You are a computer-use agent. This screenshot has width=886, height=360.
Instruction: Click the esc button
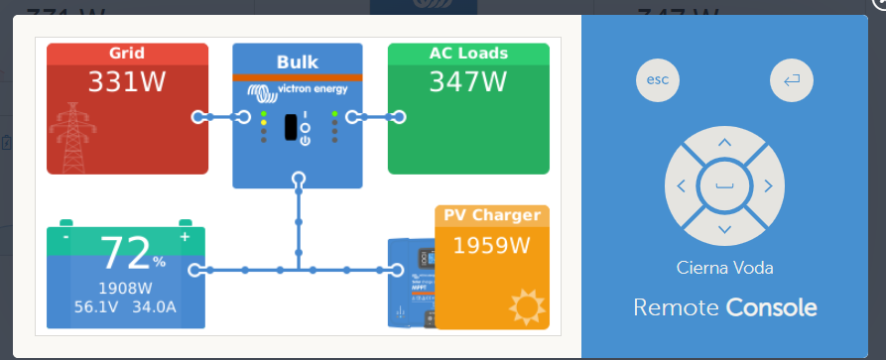(x=658, y=80)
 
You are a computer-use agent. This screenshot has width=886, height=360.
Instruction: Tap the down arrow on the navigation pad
(x=724, y=229)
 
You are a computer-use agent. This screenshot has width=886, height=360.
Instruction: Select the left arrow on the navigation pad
(x=682, y=186)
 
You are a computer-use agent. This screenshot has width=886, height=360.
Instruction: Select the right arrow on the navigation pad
(x=768, y=186)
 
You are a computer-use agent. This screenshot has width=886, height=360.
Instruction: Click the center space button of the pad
(x=724, y=186)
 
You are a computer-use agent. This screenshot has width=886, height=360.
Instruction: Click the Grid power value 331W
(x=127, y=82)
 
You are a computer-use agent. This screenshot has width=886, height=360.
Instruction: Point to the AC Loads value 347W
(x=467, y=82)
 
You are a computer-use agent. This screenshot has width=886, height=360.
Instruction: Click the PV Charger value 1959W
(x=491, y=245)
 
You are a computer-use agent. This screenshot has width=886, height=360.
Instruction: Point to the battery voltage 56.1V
(x=94, y=307)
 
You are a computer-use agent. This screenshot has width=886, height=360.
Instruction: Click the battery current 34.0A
(x=155, y=307)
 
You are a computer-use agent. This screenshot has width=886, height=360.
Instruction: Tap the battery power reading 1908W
(x=125, y=289)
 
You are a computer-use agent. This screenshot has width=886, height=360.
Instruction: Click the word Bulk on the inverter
(x=297, y=61)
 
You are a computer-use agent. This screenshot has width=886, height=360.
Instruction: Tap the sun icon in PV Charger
(x=527, y=306)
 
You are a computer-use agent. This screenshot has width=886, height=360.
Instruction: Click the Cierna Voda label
(x=724, y=268)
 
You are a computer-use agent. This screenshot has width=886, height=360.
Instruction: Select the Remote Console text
(x=724, y=307)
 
